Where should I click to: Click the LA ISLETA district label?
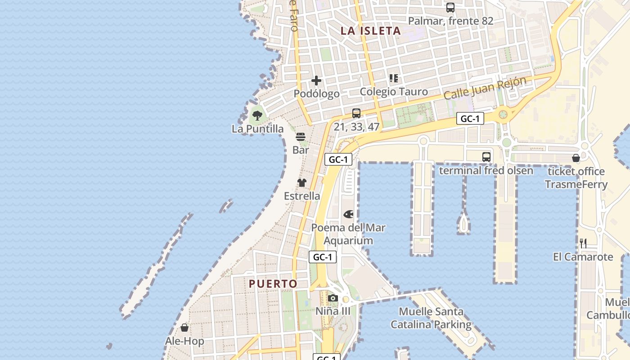click(370, 31)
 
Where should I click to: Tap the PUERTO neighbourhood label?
click(273, 284)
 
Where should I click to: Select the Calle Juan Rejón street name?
click(485, 89)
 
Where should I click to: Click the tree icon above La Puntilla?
click(257, 116)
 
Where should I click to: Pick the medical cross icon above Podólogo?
click(316, 81)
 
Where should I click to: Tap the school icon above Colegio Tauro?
click(394, 78)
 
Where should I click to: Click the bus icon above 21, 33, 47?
click(356, 113)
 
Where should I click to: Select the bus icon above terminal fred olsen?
click(486, 157)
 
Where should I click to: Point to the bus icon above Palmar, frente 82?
click(450, 8)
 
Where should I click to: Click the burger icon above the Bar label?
click(301, 137)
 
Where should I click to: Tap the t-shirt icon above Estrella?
click(301, 183)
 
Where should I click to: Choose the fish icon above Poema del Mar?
click(348, 214)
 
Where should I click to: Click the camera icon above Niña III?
click(333, 298)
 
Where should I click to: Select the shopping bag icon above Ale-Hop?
click(184, 328)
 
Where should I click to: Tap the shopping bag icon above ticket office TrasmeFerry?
click(576, 158)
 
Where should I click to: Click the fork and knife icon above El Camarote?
click(583, 243)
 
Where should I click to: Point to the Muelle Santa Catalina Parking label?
click(431, 318)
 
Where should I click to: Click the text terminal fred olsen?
click(486, 171)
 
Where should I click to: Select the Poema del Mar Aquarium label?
click(348, 234)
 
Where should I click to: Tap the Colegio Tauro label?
click(394, 92)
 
